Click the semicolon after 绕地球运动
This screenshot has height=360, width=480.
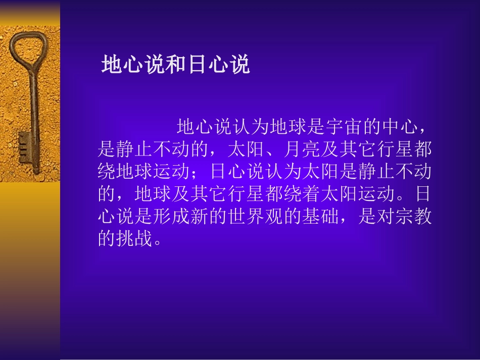(201, 173)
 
